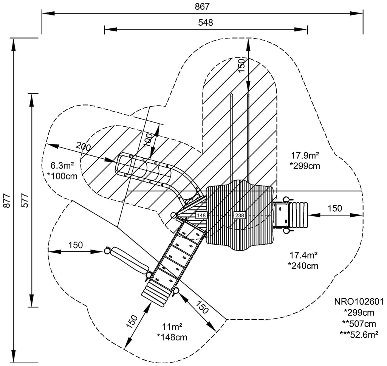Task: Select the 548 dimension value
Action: click(206, 22)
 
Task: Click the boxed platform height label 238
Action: click(240, 215)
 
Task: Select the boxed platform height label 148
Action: click(201, 215)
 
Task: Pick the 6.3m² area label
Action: click(62, 165)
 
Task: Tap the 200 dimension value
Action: click(83, 146)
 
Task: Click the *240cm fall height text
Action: click(303, 266)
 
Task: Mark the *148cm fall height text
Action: click(172, 337)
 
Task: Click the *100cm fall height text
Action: click(62, 175)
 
